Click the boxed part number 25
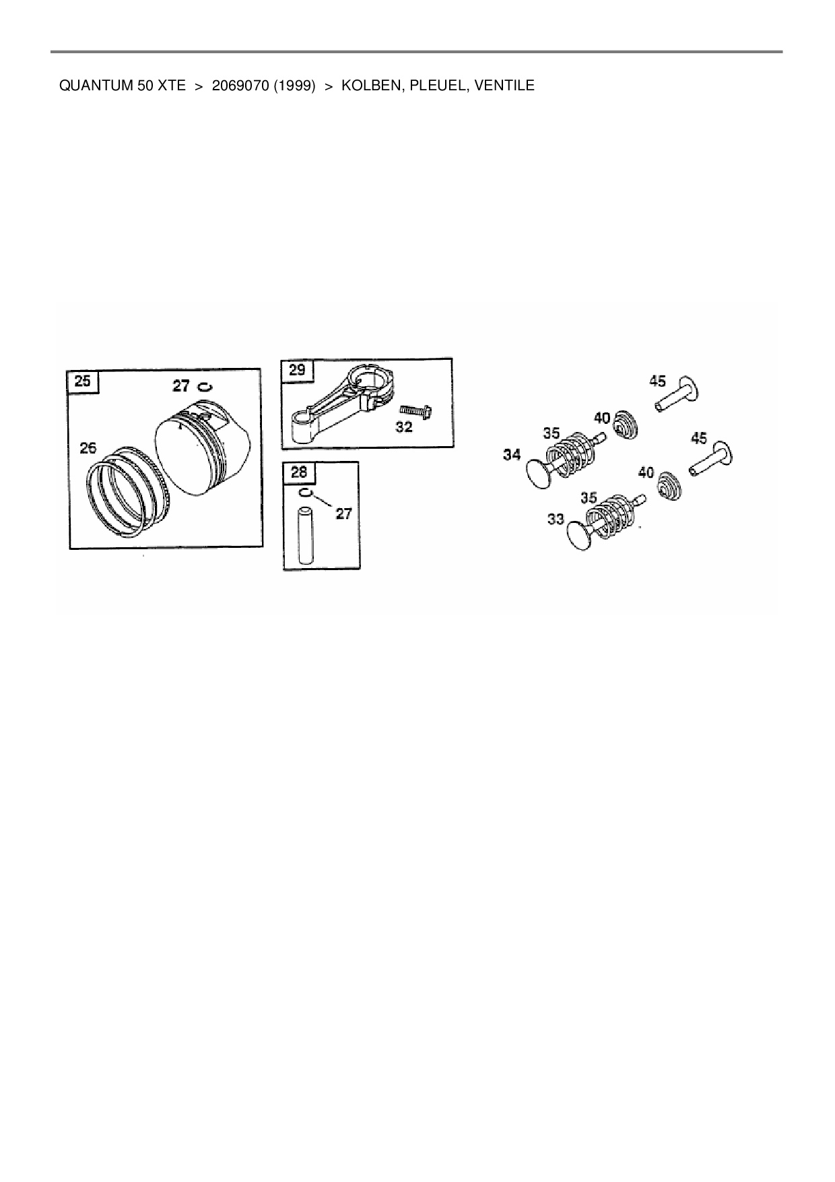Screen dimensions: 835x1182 coord(82,381)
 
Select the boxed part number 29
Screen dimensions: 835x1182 coord(297,369)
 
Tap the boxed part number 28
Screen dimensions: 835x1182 coord(298,472)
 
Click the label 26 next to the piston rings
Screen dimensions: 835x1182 coord(88,447)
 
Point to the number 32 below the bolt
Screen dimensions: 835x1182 coord(403,427)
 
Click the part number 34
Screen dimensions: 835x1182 coord(512,455)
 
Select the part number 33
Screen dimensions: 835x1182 coord(556,519)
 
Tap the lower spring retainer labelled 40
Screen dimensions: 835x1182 coord(669,485)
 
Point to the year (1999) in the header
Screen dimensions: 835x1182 coord(295,86)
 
